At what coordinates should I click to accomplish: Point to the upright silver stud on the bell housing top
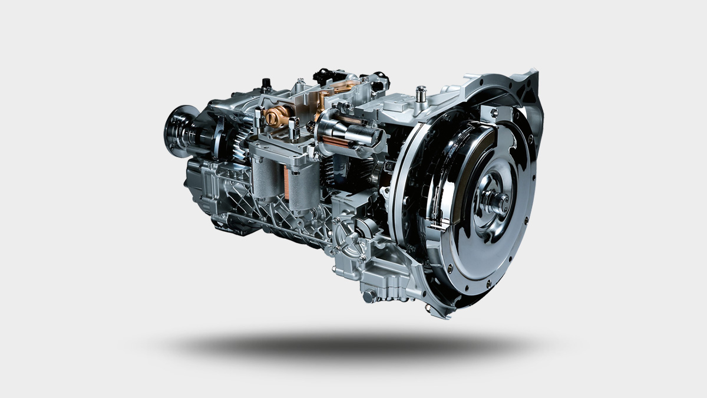click(x=421, y=93)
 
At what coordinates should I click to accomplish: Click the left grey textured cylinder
click(x=265, y=176)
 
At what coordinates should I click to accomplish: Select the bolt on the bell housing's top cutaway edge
click(x=494, y=111)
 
